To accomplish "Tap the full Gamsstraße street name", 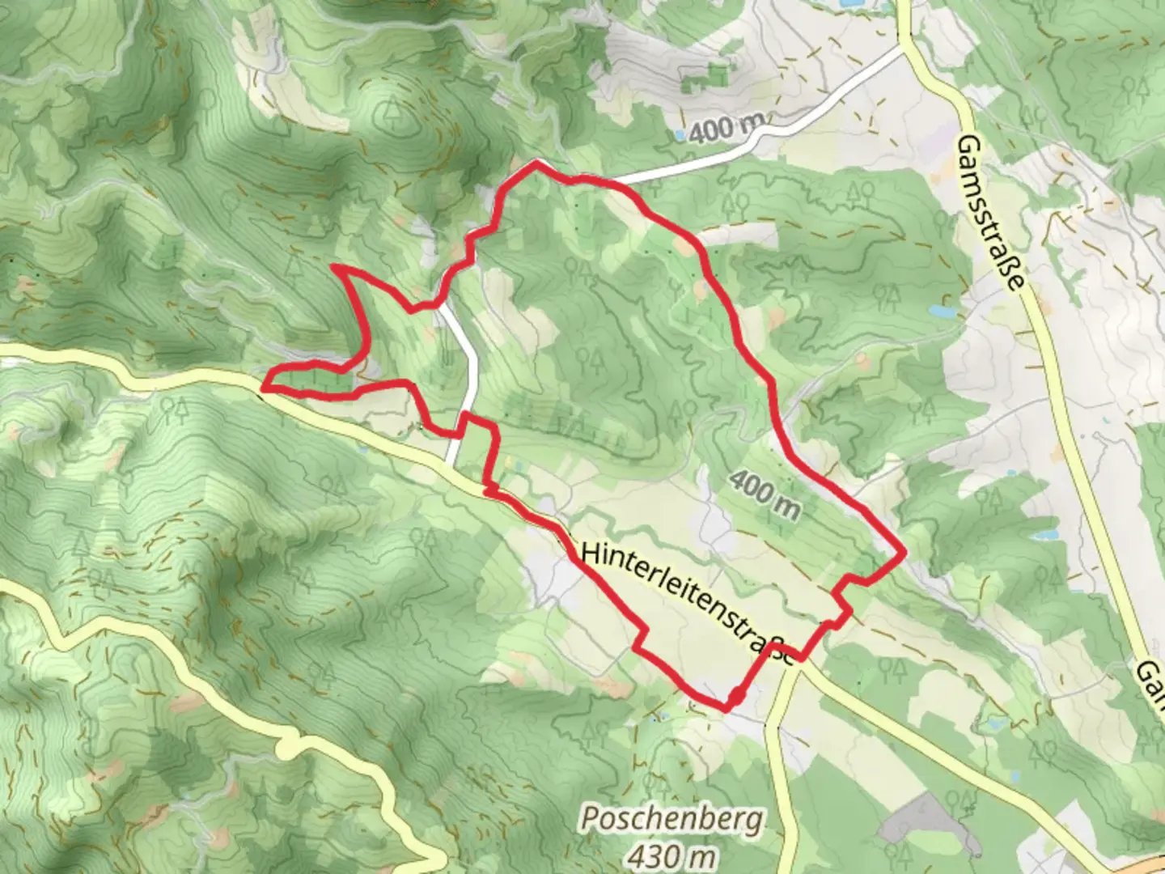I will point(992,212).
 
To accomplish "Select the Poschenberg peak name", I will point(671,820).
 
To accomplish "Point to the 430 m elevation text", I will point(671,854).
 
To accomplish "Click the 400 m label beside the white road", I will point(726,128).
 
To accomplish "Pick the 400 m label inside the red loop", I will point(764,495).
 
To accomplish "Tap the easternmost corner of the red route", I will point(902,553).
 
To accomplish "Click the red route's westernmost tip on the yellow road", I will point(264,389).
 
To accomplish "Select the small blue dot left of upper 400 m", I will point(681,134).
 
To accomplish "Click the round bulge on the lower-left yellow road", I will point(287,746).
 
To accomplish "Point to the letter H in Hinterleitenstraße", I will point(590,553).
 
